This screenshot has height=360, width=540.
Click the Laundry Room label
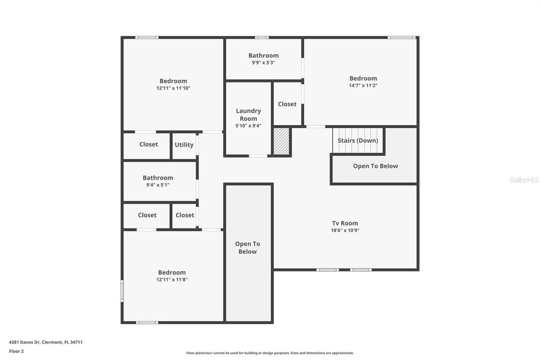click(248, 114)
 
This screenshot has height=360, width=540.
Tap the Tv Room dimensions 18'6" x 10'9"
click(345, 230)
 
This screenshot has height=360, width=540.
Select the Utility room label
click(184, 145)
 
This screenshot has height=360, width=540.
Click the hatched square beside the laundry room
click(281, 141)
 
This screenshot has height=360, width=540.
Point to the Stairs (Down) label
click(358, 141)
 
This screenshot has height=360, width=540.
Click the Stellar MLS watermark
click(524, 180)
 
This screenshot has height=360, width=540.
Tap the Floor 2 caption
click(16, 351)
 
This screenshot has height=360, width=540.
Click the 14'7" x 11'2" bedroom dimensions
click(363, 85)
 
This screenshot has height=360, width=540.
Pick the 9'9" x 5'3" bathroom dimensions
click(263, 62)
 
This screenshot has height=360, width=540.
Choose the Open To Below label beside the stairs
click(375, 166)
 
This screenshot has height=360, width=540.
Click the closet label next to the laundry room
click(287, 104)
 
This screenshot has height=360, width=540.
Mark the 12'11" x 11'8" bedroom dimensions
click(172, 279)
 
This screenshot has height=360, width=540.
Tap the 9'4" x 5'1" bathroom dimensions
click(158, 185)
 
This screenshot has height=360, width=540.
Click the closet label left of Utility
click(148, 144)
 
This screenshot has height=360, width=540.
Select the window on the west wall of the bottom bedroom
click(122, 291)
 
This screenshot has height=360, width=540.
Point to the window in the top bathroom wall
click(262, 38)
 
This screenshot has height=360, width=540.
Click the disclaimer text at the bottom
click(270, 353)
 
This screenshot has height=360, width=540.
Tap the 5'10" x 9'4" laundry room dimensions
click(248, 125)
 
